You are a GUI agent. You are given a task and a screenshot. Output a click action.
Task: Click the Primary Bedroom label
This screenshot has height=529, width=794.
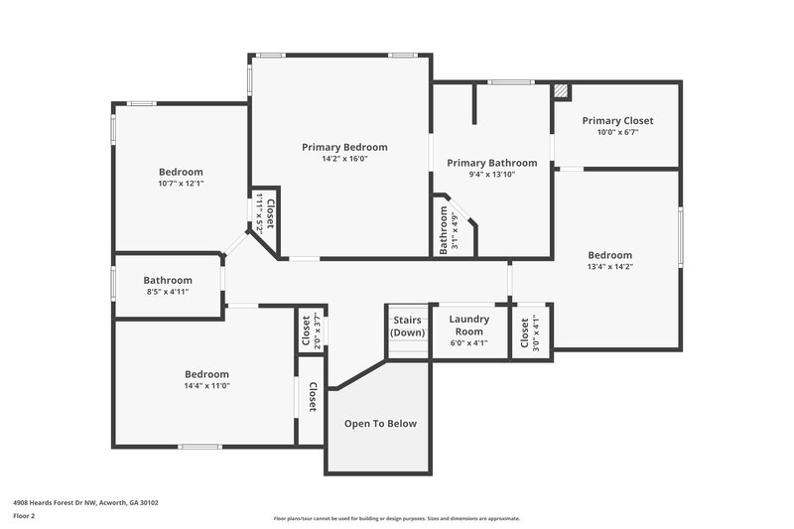tap(344, 147)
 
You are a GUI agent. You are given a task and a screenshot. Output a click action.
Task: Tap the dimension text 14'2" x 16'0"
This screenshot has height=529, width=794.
tap(344, 159)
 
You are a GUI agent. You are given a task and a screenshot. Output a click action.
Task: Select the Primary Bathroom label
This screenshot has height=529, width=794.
tap(491, 163)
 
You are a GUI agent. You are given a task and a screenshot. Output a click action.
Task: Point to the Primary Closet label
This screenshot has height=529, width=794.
tap(617, 121)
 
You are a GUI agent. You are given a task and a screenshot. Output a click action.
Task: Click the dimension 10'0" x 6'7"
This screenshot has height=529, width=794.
tap(617, 132)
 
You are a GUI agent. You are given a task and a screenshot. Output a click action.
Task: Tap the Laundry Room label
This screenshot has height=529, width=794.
tap(468, 326)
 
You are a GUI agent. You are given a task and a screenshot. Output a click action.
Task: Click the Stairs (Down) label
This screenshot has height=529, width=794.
tap(408, 327)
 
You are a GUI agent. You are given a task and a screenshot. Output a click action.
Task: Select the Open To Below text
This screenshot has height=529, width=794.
tap(380, 424)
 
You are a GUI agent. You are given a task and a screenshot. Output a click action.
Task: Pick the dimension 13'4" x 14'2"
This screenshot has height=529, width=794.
tap(609, 266)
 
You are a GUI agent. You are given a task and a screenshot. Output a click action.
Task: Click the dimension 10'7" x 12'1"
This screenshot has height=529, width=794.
tap(181, 184)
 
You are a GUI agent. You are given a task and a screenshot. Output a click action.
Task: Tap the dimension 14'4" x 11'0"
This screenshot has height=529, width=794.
tap(206, 386)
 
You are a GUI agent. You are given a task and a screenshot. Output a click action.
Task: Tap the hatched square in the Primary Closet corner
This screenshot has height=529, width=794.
tap(562, 92)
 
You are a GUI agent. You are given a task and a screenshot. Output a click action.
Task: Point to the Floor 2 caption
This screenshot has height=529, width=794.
tap(24, 516)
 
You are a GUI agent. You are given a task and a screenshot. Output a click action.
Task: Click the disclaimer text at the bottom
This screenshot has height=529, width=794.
tap(396, 518)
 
